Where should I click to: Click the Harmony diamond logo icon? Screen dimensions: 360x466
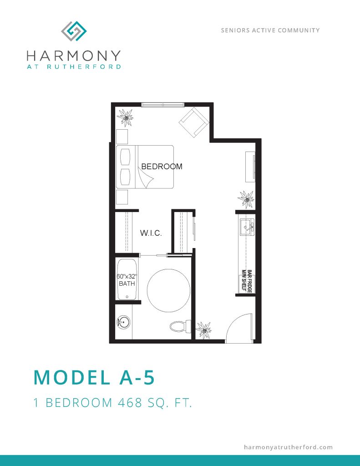(x=74, y=31)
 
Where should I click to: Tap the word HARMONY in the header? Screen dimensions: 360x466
(x=74, y=56)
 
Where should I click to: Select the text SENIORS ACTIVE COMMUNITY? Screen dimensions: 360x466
(x=270, y=30)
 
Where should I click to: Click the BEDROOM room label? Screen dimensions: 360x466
(x=162, y=167)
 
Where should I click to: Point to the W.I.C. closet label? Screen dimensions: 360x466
(x=151, y=233)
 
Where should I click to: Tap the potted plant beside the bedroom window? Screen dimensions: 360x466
(x=125, y=117)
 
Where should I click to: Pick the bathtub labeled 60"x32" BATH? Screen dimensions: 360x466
(x=127, y=279)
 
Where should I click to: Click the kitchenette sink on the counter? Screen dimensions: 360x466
(x=247, y=228)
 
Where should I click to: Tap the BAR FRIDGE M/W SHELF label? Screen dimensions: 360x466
(x=247, y=281)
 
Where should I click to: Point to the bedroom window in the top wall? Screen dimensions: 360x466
(x=162, y=104)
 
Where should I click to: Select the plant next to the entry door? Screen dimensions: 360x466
(x=204, y=329)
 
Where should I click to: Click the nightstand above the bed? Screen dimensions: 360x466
(x=122, y=137)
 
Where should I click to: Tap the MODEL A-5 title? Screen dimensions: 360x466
(x=94, y=377)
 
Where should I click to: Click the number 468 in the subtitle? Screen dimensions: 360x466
(x=130, y=403)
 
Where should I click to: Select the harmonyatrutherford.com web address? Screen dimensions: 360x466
(x=288, y=447)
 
